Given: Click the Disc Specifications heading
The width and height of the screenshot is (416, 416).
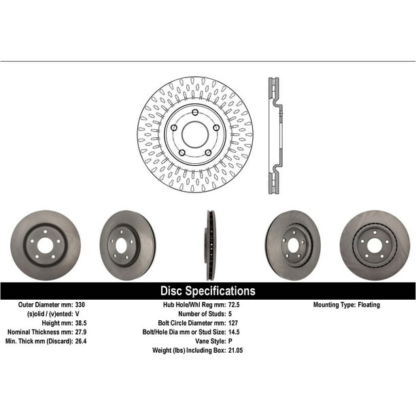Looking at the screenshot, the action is coord(208,291).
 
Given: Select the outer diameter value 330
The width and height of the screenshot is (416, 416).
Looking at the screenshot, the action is coord(80,305).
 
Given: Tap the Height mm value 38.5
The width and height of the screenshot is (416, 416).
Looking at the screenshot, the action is coord(81,323).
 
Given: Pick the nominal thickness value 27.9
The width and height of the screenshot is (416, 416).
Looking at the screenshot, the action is coord(81,332).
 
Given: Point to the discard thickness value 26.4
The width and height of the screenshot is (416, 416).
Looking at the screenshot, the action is coord(81,341).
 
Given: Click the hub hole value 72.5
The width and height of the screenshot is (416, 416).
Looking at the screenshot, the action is coord(234,305).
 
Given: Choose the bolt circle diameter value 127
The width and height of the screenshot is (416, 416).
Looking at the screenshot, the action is coord(233,323).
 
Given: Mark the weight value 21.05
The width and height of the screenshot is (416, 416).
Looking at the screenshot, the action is coord(235,350).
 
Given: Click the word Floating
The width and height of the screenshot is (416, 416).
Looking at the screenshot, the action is coord(369,305).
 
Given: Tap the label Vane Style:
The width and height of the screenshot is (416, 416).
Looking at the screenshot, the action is coord(211,341).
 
